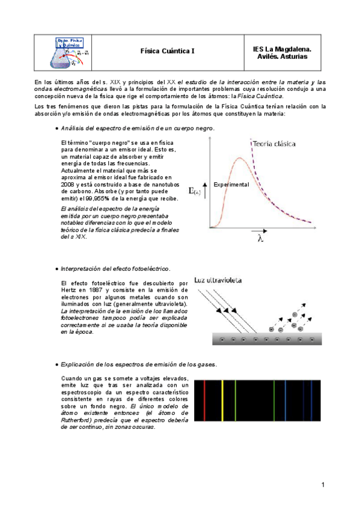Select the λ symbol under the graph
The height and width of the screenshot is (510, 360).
click(259, 238)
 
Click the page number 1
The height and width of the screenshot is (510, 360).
click(323, 485)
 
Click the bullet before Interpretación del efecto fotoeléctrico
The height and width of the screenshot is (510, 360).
click(56, 268)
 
